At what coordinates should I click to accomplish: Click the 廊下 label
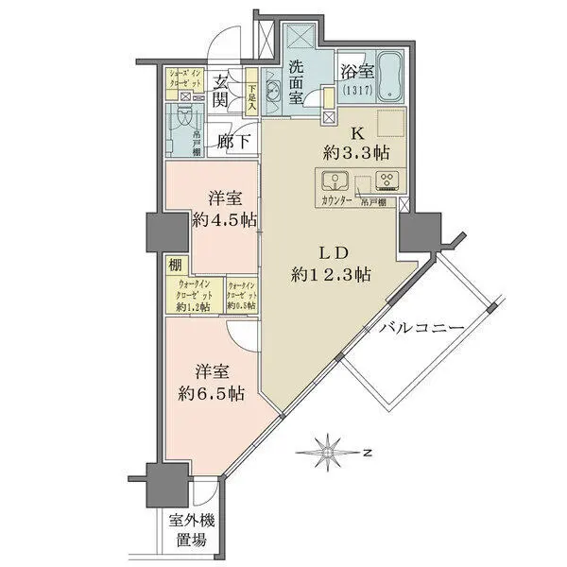[232, 142]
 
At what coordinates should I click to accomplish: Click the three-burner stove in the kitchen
[387, 182]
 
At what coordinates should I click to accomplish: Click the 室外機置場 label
[188, 531]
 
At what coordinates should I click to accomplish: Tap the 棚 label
[176, 266]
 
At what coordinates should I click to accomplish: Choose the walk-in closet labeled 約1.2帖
[195, 297]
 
